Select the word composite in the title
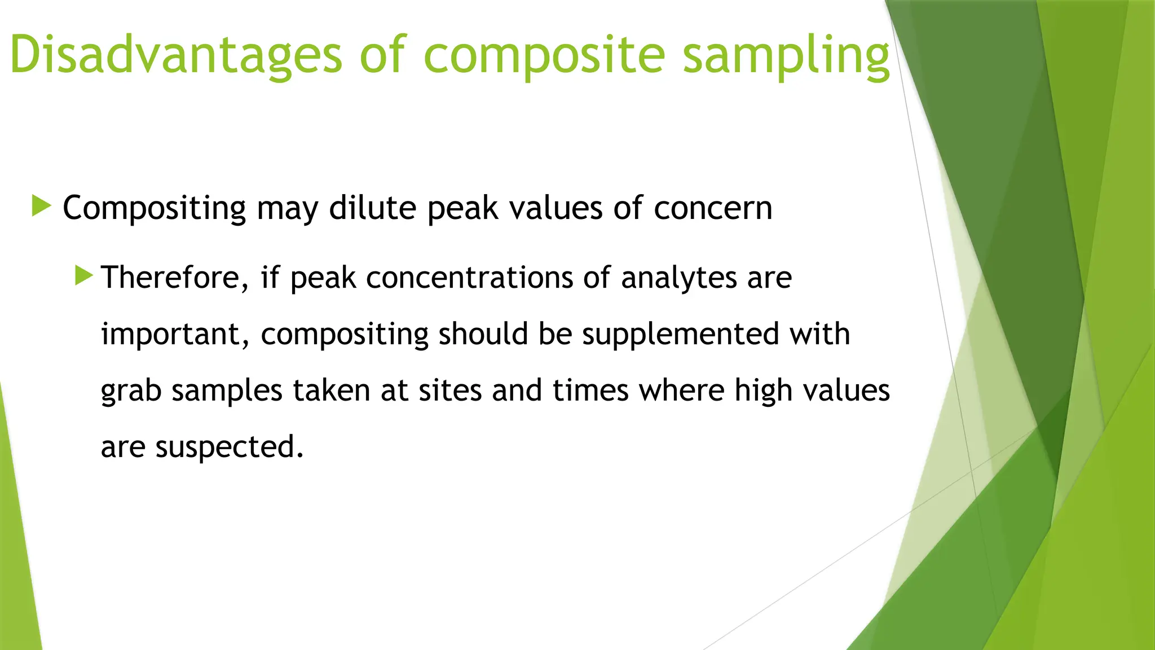(x=544, y=55)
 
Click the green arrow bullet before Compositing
(x=42, y=206)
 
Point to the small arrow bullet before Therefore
(x=83, y=275)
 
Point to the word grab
(x=131, y=391)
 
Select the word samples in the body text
(x=227, y=391)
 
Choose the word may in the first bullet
(x=288, y=209)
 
